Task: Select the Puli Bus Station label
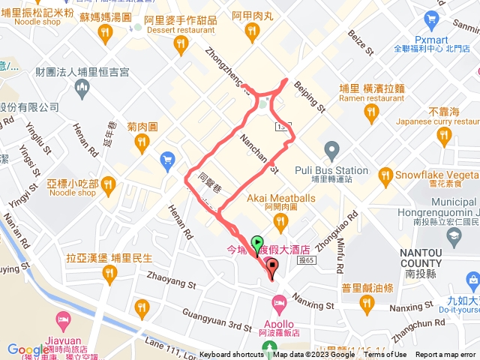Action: click(331, 169)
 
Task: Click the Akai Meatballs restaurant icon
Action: click(281, 220)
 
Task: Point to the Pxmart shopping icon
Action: click(430, 19)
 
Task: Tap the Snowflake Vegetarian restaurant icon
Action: click(386, 177)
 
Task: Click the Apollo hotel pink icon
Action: click(279, 305)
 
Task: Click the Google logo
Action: click(28, 349)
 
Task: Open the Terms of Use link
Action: click(385, 355)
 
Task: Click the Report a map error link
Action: click(446, 355)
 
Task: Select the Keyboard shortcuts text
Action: click(231, 355)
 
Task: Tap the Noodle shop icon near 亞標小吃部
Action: click(109, 183)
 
